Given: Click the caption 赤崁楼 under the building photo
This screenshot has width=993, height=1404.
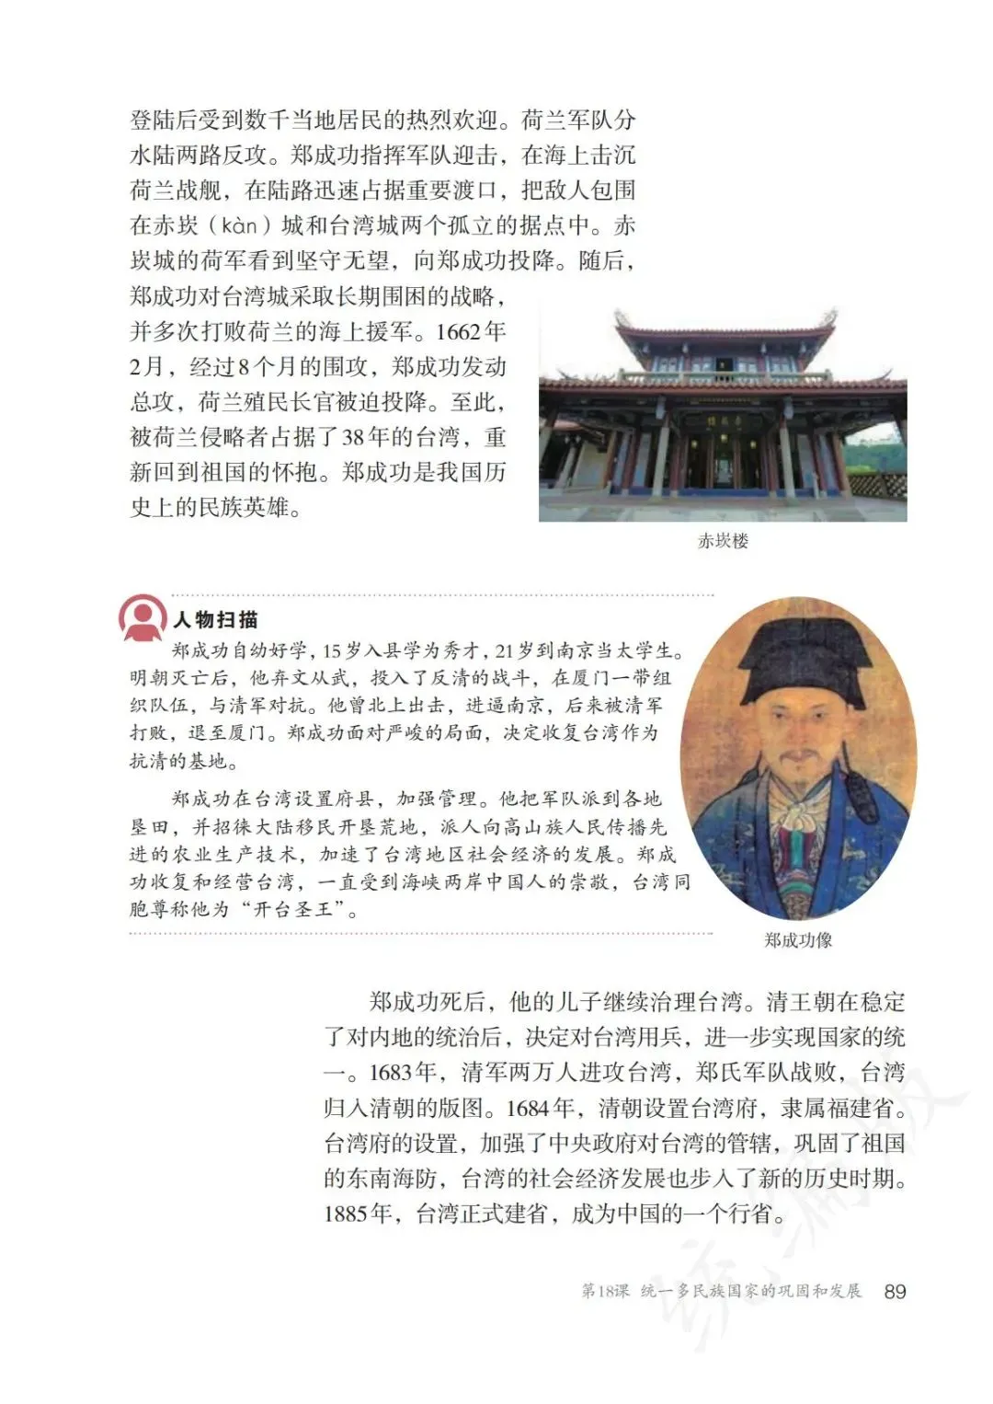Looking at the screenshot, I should (723, 541).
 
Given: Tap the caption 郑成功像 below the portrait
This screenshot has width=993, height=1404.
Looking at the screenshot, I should (797, 939).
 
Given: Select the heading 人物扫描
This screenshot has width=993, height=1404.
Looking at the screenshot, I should (215, 620).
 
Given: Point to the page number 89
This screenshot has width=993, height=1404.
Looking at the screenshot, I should (895, 1292).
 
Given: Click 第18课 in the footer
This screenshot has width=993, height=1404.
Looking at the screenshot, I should (604, 1292).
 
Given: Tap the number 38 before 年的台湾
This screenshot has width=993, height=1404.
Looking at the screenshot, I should (354, 437).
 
